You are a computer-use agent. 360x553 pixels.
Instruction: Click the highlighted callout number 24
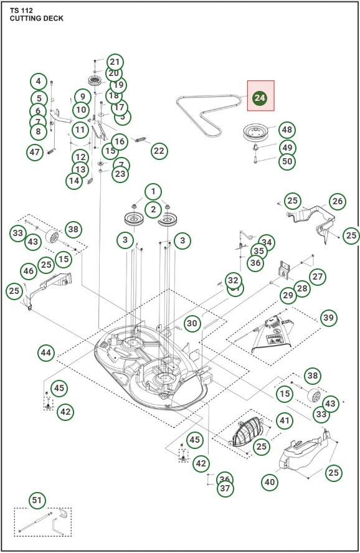point(260,98)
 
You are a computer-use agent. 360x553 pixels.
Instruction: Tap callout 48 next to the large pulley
point(286,130)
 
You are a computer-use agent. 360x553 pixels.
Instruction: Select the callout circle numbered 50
point(287,161)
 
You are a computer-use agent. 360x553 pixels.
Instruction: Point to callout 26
point(337,201)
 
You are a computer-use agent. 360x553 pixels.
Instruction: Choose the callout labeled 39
point(328,318)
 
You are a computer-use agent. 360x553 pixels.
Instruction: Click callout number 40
point(270,481)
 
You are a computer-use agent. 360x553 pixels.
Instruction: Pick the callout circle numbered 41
point(284,421)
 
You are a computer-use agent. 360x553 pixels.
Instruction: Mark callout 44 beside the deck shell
point(45,352)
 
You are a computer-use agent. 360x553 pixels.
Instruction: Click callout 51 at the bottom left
point(37,501)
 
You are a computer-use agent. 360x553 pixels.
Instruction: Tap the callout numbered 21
point(114,62)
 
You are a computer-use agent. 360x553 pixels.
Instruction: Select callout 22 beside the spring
point(159,151)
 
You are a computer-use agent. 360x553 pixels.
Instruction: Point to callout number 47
point(35,152)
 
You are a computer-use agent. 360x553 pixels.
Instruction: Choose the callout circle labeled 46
point(28,271)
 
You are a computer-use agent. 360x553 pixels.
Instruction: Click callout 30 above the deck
point(192,323)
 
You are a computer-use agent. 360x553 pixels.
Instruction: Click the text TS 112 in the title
point(22,11)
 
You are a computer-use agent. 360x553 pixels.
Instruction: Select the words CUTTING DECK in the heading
point(36,19)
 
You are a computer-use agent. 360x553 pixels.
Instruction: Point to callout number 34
point(266,242)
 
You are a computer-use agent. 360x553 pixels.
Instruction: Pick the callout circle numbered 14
point(74,181)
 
